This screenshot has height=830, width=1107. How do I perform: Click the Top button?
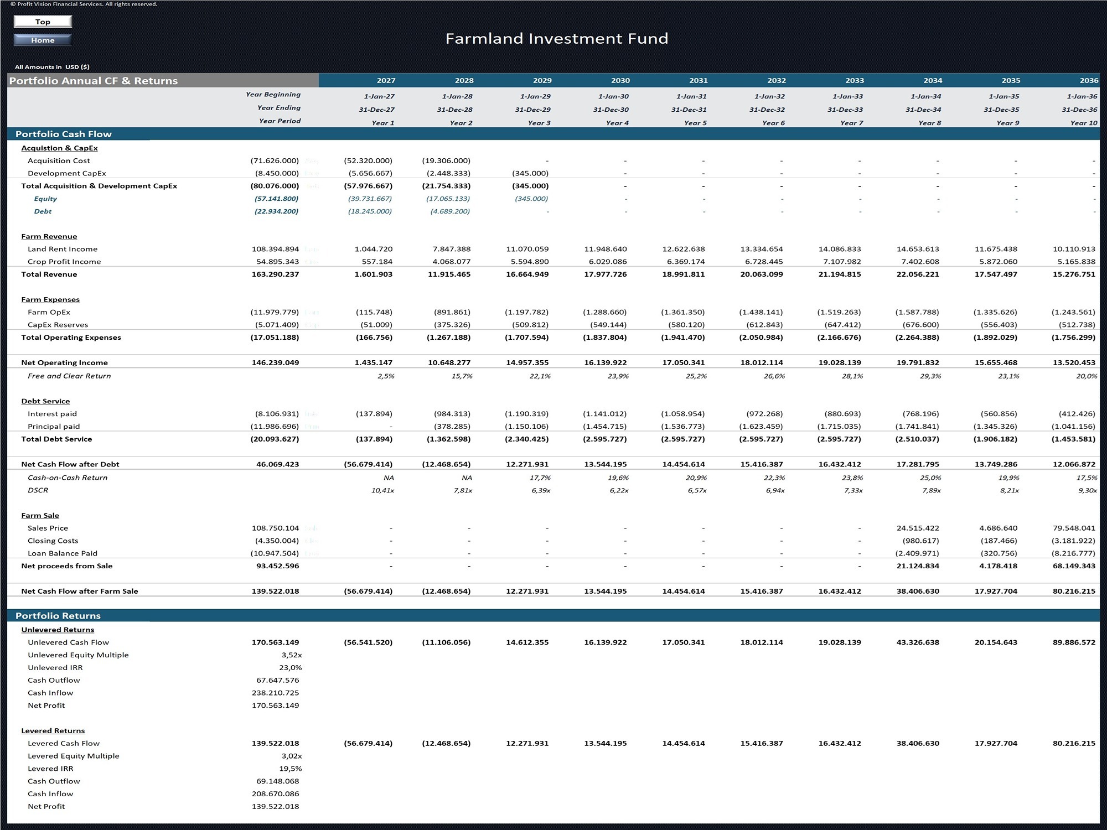point(43,22)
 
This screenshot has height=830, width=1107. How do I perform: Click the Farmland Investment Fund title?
point(557,38)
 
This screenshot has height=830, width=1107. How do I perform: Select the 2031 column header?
point(699,80)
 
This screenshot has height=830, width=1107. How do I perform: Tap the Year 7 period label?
point(851,123)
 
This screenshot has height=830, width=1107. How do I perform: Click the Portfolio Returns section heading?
point(58,616)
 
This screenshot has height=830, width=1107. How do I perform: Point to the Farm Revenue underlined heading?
point(49,236)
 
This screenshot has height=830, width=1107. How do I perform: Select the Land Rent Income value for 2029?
point(527,249)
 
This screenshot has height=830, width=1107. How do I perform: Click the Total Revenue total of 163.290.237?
point(275,274)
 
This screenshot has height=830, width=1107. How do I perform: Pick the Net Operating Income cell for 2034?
point(918,363)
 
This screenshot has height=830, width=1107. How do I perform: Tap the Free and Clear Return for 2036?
point(1087,376)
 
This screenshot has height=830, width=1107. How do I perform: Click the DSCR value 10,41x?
point(383,491)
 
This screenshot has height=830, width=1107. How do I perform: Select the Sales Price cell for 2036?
point(1074,528)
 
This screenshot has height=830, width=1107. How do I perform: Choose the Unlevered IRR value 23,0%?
point(291,668)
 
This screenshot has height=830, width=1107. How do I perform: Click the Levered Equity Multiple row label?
point(74,756)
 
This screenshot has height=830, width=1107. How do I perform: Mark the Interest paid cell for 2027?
point(374,414)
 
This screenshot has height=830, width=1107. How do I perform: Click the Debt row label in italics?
point(43,211)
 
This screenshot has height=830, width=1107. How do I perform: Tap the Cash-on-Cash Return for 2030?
point(618,478)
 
